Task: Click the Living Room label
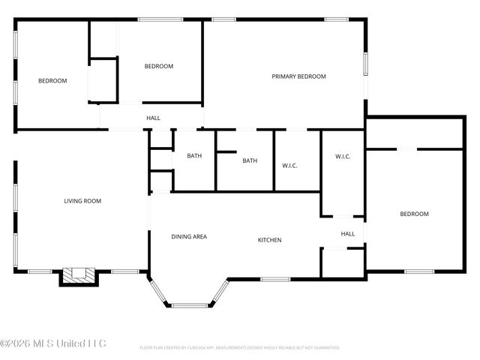[82, 201]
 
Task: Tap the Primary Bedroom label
[298, 76]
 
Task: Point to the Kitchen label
[270, 240]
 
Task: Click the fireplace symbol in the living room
[79, 276]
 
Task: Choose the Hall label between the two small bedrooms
[153, 118]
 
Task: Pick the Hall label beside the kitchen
[348, 234]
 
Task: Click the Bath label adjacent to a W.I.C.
[250, 160]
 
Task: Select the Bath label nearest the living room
[194, 156]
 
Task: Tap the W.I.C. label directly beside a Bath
[290, 165]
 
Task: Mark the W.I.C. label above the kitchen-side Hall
[343, 156]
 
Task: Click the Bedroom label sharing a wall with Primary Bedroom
[158, 66]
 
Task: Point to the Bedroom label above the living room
[52, 81]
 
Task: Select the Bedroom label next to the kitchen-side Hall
[414, 214]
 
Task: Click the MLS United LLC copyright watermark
[53, 343]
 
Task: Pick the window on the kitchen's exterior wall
[275, 280]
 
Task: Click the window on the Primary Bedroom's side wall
[366, 63]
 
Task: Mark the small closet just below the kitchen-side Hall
[343, 262]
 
